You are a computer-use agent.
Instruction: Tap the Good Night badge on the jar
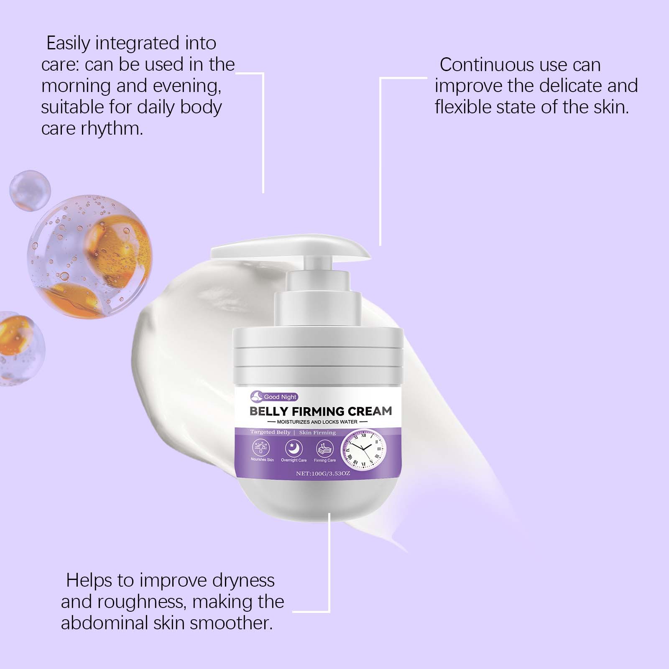pyautogui.click(x=274, y=397)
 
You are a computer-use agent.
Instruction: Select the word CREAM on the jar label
pyautogui.click(x=370, y=411)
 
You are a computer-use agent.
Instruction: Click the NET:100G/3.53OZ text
pyautogui.click(x=323, y=474)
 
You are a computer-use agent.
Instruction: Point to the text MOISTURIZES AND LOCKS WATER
pyautogui.click(x=317, y=422)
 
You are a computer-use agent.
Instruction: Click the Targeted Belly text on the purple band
pyautogui.click(x=270, y=432)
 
